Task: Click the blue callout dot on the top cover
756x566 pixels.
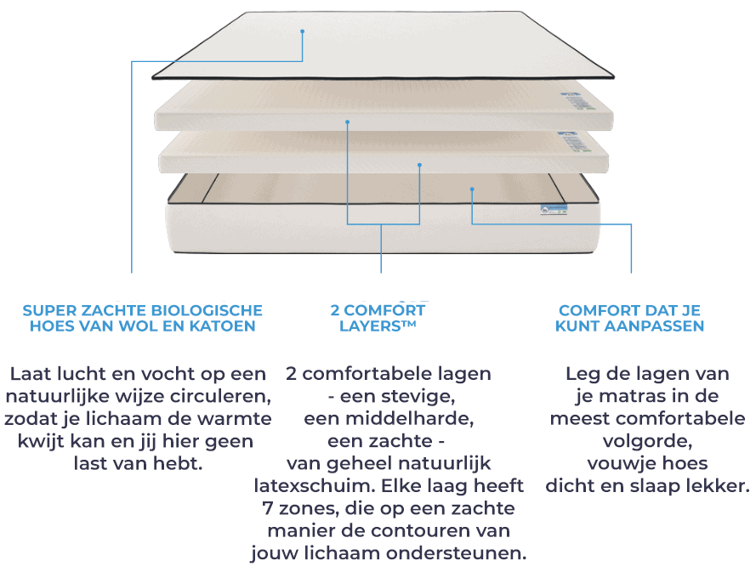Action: tap(302, 31)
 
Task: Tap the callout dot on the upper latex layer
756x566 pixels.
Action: tap(347, 122)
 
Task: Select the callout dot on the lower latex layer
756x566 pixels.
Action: tap(419, 165)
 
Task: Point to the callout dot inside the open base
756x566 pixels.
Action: tap(472, 190)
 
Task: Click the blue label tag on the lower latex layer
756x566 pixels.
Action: tap(575, 142)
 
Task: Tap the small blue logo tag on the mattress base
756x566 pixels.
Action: tap(554, 210)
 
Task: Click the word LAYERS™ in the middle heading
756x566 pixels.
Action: tap(378, 326)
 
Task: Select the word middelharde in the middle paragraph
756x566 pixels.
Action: tap(410, 419)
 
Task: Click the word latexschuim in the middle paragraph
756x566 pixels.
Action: tap(315, 486)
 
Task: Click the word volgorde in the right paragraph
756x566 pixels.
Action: tap(647, 441)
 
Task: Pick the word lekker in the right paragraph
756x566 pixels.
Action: tap(718, 486)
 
